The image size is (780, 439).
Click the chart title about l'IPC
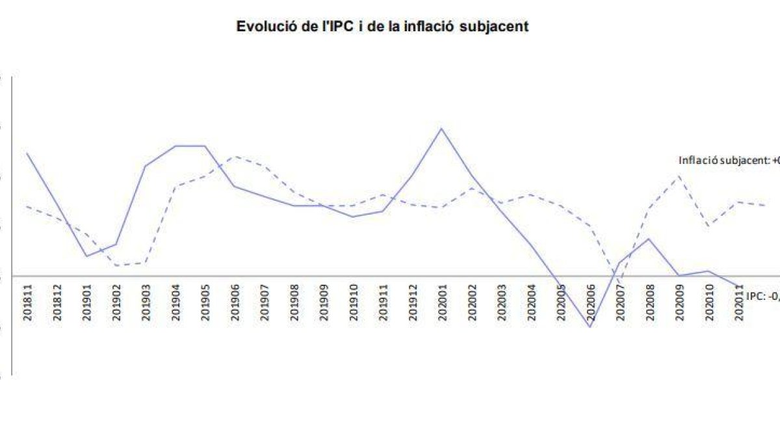click(382, 27)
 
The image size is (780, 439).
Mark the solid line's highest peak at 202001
click(442, 128)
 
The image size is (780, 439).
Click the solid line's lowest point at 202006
click(590, 326)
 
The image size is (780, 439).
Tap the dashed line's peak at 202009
click(679, 176)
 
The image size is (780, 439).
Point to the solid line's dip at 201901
click(87, 256)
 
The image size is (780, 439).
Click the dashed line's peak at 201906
click(235, 156)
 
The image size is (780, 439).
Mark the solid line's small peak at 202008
click(649, 239)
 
